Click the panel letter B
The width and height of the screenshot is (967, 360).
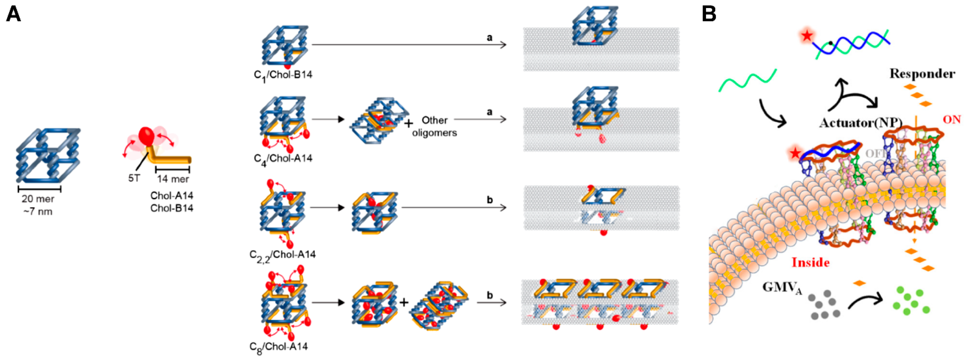click(x=709, y=14)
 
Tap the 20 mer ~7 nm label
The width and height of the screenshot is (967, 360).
click(x=37, y=205)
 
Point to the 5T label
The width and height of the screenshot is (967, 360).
click(x=134, y=178)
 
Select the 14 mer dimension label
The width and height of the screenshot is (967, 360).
click(x=173, y=179)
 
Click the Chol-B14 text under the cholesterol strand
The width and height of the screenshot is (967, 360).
click(x=172, y=208)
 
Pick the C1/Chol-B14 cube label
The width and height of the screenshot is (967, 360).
click(x=283, y=75)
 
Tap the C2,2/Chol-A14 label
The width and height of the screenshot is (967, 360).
click(x=282, y=255)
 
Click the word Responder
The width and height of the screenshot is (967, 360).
click(x=922, y=74)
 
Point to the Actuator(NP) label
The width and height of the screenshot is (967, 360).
click(x=860, y=123)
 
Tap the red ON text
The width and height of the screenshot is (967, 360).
click(x=952, y=120)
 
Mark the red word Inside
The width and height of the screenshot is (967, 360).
click(x=810, y=262)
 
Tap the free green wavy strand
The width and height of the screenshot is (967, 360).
click(x=747, y=81)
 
